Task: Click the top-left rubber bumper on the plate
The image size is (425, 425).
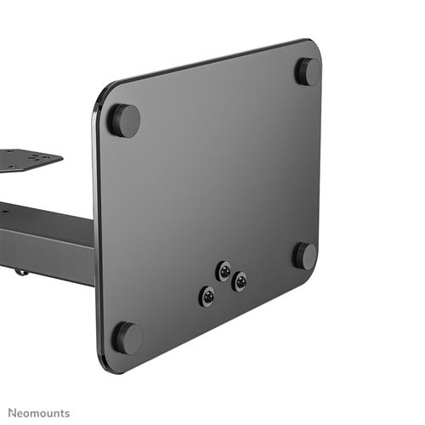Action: [x=124, y=120]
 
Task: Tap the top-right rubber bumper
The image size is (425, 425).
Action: [x=308, y=71]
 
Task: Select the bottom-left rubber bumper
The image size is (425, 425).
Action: [x=127, y=337]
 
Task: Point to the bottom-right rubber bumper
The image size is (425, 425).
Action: [x=305, y=255]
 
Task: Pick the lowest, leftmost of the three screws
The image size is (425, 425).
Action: [x=207, y=296]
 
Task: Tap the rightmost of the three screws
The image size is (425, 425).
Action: [x=240, y=281]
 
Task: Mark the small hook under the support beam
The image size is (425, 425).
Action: [x=19, y=271]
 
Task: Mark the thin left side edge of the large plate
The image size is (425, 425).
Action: [x=96, y=229]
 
